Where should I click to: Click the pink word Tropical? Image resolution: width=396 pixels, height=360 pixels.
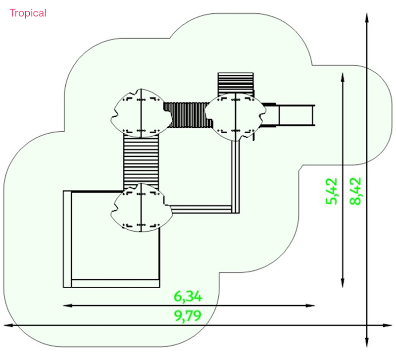(x=28, y=13)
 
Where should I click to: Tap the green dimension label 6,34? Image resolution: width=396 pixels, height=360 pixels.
(x=188, y=296)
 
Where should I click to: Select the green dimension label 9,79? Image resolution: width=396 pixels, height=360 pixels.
(x=188, y=315)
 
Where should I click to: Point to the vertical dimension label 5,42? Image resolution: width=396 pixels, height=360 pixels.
(x=332, y=191)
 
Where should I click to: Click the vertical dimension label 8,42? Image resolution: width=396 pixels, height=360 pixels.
(x=355, y=191)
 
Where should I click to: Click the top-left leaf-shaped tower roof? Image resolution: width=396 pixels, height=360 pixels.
(x=141, y=113)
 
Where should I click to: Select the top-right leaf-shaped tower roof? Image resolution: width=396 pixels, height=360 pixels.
(x=236, y=117)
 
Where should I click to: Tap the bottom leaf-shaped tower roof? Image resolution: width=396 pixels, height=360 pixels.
(x=142, y=207)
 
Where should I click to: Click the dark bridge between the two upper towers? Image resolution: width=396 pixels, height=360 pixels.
(x=189, y=115)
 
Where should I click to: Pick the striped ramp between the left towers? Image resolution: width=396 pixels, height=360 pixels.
(x=141, y=160)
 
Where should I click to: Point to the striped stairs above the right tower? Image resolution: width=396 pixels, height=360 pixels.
(x=236, y=84)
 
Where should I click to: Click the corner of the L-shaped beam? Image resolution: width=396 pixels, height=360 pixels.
(x=236, y=209)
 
